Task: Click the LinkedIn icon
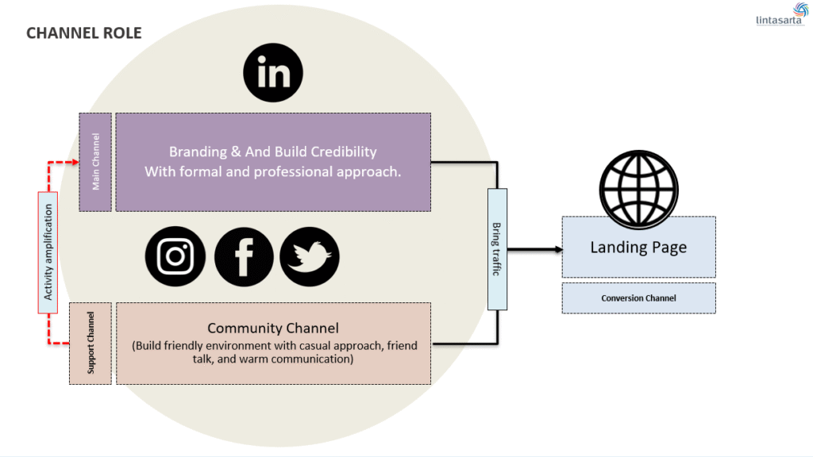coord(273,75)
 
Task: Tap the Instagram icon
coord(175,257)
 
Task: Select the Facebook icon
coord(244,257)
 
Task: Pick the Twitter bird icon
coord(310,257)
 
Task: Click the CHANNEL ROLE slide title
coord(84,33)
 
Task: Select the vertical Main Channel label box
coord(95,162)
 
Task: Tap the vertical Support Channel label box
coord(90,343)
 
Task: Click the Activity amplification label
coord(49,252)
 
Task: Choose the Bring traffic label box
coord(497,248)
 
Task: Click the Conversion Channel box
coord(638,298)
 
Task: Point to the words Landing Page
coord(638,248)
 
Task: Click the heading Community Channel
coord(273,328)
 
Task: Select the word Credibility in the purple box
coord(345,152)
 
